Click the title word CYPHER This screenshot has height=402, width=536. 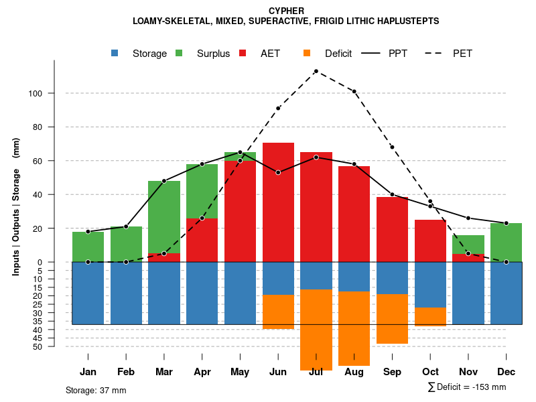click(286, 11)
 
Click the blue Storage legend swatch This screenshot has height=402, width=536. click(115, 53)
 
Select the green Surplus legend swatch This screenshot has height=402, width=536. click(179, 53)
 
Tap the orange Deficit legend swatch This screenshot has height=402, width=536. click(307, 53)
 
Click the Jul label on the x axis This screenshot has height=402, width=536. click(316, 372)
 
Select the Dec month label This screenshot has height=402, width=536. click(506, 372)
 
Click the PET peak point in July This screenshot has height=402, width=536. click(316, 71)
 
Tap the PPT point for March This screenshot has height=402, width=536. click(164, 181)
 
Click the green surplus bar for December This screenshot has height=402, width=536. click(506, 243)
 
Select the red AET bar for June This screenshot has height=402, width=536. click(278, 201)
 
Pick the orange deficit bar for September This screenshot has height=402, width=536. click(392, 319)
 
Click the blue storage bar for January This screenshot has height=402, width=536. click(88, 293)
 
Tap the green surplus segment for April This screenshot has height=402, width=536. click(202, 191)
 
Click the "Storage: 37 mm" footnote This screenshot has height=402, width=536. click(96, 390)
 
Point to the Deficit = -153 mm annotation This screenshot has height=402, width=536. click(467, 387)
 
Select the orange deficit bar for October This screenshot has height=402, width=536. click(430, 317)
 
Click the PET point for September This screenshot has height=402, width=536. click(392, 147)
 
